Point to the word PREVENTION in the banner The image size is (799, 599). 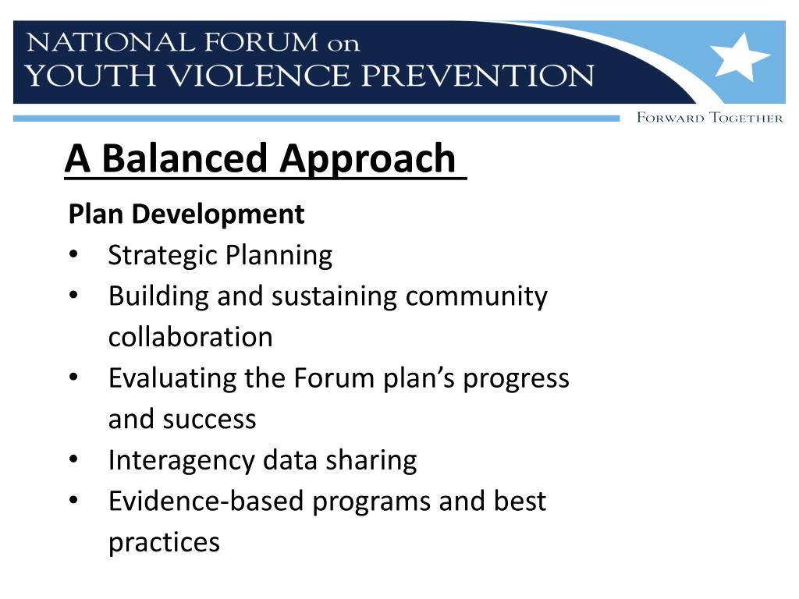pyautogui.click(x=463, y=76)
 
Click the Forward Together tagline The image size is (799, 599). pyautogui.click(x=709, y=118)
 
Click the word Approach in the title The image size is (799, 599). pyautogui.click(x=368, y=158)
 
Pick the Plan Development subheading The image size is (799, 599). pyautogui.click(x=186, y=214)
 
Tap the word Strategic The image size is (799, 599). pyautogui.click(x=162, y=255)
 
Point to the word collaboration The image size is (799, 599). pyautogui.click(x=190, y=338)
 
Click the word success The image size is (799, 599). pyautogui.click(x=209, y=420)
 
